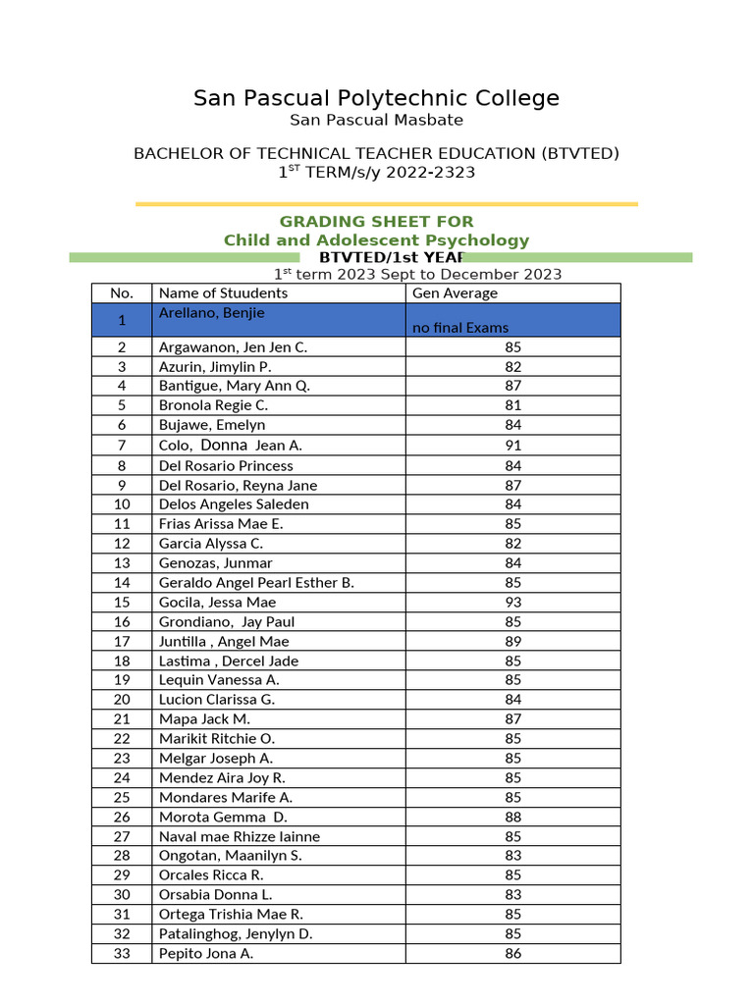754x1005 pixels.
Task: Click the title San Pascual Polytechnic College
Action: pyautogui.click(x=376, y=98)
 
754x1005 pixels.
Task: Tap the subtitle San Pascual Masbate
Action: pyautogui.click(x=376, y=121)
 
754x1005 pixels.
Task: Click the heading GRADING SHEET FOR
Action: pyautogui.click(x=376, y=222)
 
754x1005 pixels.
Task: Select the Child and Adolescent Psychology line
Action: pyautogui.click(x=376, y=240)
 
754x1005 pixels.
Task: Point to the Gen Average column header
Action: pyautogui.click(x=455, y=293)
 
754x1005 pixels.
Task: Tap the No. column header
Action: pyautogui.click(x=121, y=293)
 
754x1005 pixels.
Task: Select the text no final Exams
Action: pyautogui.click(x=460, y=328)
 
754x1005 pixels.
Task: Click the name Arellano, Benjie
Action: pyautogui.click(x=211, y=313)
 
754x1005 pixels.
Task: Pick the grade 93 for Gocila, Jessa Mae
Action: pyautogui.click(x=512, y=602)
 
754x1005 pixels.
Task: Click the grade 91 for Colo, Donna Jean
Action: pyautogui.click(x=512, y=446)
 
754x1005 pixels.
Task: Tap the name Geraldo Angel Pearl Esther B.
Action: pyautogui.click(x=256, y=582)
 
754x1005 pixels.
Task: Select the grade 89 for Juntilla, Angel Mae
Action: pyautogui.click(x=512, y=641)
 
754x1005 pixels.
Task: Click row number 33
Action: pyautogui.click(x=121, y=953)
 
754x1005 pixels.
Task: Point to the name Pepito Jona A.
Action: pyautogui.click(x=206, y=953)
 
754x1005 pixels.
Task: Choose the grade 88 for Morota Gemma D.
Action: pyautogui.click(x=512, y=817)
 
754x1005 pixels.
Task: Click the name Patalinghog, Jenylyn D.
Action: pyautogui.click(x=236, y=933)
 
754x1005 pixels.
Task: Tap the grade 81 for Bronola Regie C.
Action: pyautogui.click(x=512, y=405)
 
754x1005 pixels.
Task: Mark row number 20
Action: pyautogui.click(x=121, y=700)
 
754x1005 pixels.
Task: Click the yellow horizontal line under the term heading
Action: pyautogui.click(x=386, y=204)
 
